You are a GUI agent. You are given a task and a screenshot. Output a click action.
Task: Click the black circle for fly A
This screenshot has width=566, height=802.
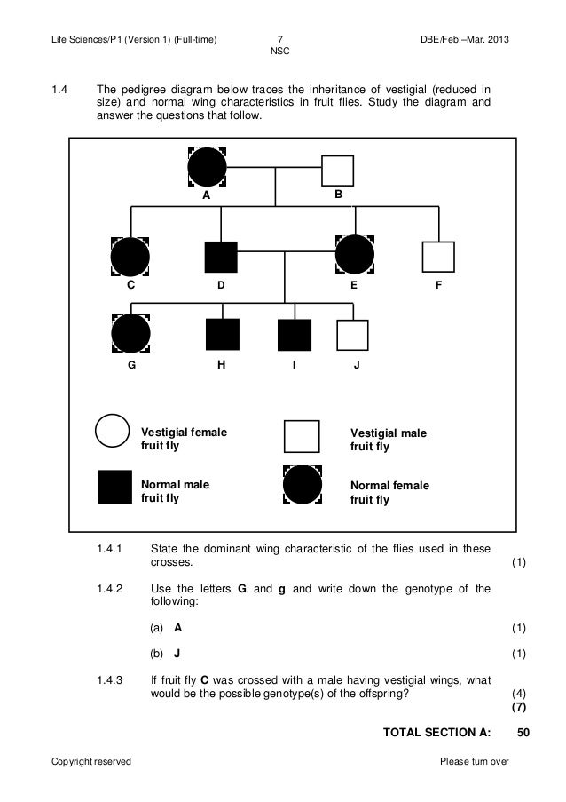[x=208, y=167]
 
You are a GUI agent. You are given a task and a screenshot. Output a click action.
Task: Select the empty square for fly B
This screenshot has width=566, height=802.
[x=337, y=171]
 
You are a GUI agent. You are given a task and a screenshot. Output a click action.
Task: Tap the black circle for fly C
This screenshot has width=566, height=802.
[x=130, y=258]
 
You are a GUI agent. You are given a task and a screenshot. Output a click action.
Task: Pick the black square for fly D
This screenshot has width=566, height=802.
[x=221, y=258]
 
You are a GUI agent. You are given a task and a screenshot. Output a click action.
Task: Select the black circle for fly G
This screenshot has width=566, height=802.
[x=130, y=335]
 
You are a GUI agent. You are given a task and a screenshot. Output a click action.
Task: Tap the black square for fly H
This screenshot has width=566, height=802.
[x=221, y=335]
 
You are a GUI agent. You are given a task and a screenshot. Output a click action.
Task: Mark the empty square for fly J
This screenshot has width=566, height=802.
[x=352, y=335]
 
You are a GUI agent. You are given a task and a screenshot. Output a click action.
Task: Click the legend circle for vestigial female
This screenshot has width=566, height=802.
[x=113, y=433]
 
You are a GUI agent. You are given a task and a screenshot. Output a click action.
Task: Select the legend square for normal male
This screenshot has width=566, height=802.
[x=114, y=487]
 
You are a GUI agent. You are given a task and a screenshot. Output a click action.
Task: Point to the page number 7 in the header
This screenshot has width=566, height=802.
[x=279, y=40]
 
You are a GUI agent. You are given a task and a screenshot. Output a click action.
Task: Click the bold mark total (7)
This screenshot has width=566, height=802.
[x=519, y=707]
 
